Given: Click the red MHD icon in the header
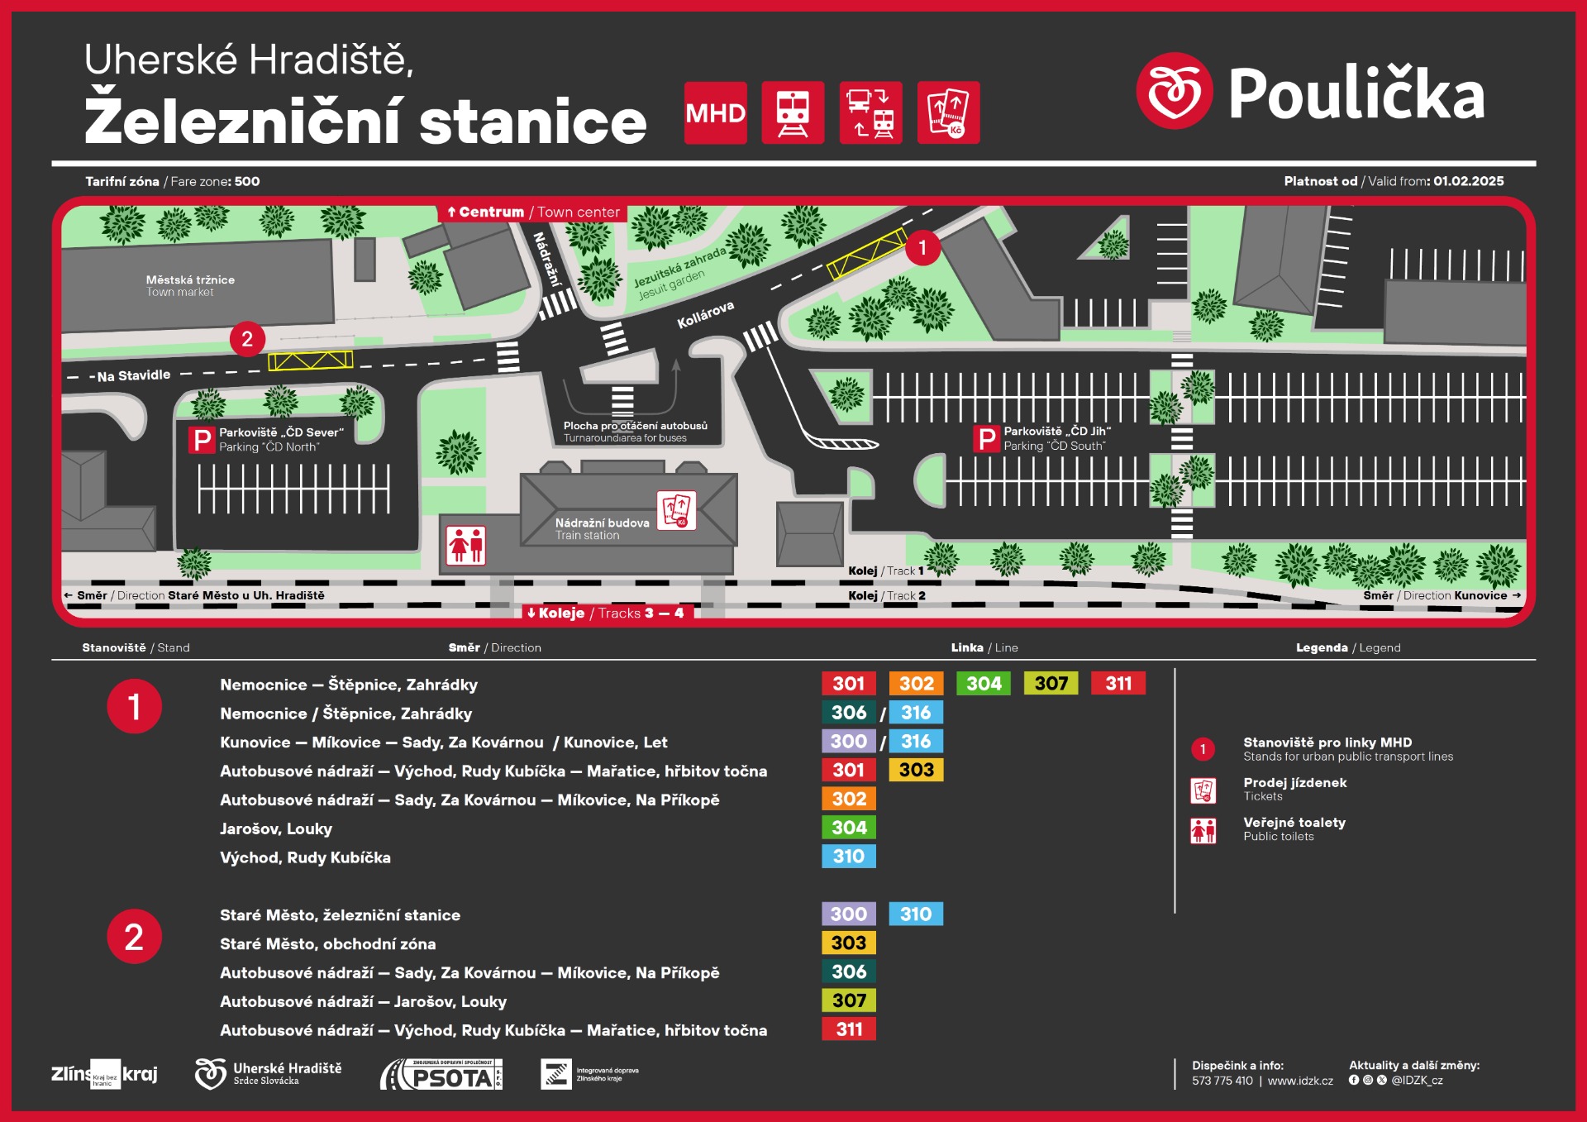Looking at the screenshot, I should tap(715, 112).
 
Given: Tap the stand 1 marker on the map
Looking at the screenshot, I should tap(922, 247).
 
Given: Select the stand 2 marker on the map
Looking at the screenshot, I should tap(246, 339).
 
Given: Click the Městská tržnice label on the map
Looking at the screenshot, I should tap(190, 280).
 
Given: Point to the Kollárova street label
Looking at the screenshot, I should tap(705, 315).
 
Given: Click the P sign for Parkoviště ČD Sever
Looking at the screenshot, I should tap(202, 440).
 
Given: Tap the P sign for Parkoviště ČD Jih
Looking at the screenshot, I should tap(987, 439).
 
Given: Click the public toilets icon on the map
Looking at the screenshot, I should tap(465, 546).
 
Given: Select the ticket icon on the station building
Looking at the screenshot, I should tap(676, 510).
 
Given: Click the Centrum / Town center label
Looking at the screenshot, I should tap(533, 212).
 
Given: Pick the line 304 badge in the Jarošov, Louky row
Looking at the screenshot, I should tap(848, 828).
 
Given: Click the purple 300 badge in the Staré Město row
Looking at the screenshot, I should tap(848, 914).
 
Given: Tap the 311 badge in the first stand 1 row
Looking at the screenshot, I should tap(1118, 684).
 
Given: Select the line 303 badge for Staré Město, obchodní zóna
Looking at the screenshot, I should tap(848, 943).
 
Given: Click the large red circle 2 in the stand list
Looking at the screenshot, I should tap(134, 937).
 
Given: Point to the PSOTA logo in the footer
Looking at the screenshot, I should tap(442, 1075).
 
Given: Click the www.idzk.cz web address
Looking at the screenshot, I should tap(1300, 1081).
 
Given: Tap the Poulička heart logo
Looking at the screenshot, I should tap(1174, 91).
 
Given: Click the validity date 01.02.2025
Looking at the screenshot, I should tap(1468, 181).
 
